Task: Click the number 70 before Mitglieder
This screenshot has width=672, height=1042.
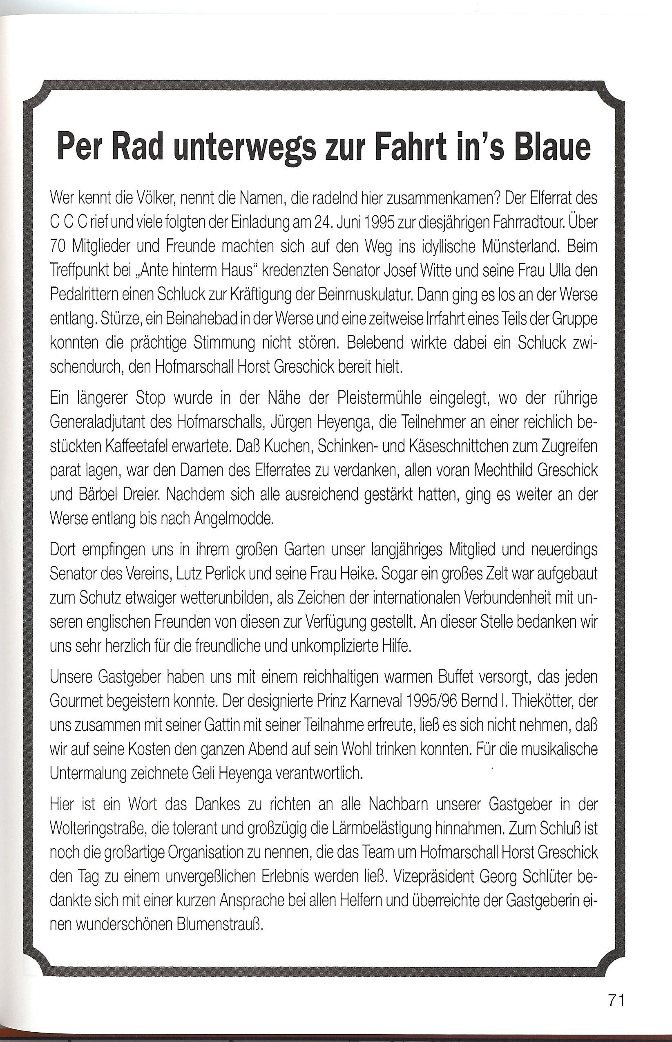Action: (58, 247)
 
